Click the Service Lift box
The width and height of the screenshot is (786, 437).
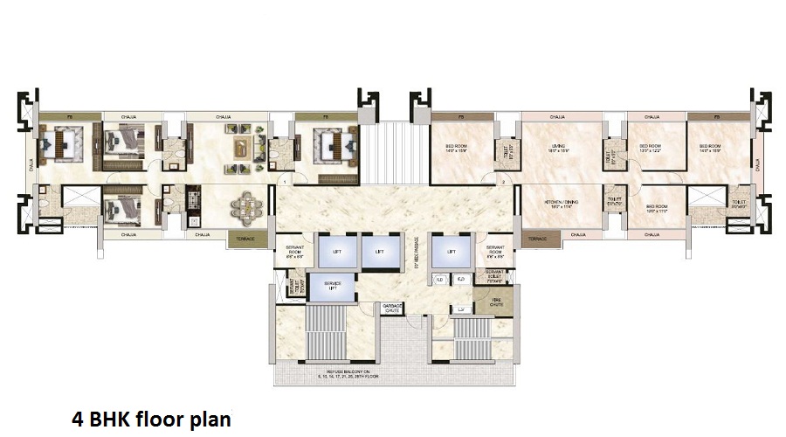tap(332, 287)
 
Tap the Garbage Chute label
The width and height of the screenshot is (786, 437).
tap(391, 309)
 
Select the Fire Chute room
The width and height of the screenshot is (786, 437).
tap(495, 304)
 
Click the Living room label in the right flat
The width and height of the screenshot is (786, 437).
tap(558, 148)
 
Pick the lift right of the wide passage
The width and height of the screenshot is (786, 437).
tap(452, 252)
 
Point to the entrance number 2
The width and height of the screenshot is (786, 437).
tap(504, 181)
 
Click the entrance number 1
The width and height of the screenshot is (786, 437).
tap(286, 181)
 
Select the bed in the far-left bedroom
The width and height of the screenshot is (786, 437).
tap(60, 144)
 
